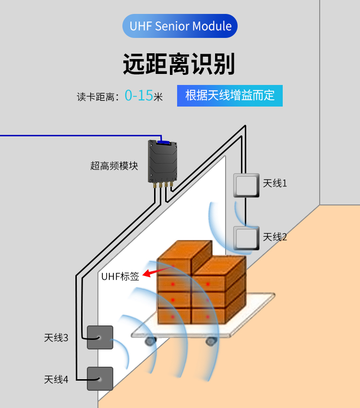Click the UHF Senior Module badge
[180, 26]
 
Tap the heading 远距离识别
[179, 64]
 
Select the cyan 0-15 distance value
[139, 95]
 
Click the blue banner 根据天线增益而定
[230, 96]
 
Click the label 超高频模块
[114, 166]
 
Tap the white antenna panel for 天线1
[246, 185]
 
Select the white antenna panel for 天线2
[246, 238]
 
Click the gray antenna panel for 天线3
[100, 337]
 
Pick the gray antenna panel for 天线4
[100, 379]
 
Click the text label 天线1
[275, 183]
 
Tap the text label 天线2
[275, 237]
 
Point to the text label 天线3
[56, 338]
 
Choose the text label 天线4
[56, 379]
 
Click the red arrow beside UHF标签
[157, 271]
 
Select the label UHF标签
[120, 276]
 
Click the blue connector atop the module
[163, 142]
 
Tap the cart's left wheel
[150, 341]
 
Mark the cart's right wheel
[212, 341]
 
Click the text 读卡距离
[96, 97]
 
